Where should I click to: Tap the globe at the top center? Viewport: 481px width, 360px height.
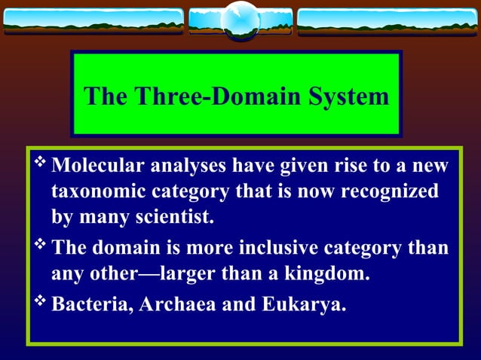(240, 20)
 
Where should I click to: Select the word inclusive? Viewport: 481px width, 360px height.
(284, 247)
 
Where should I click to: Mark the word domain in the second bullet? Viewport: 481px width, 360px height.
(124, 247)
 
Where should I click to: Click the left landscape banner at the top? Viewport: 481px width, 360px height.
(93, 21)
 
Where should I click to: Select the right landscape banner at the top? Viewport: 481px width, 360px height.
(388, 21)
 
